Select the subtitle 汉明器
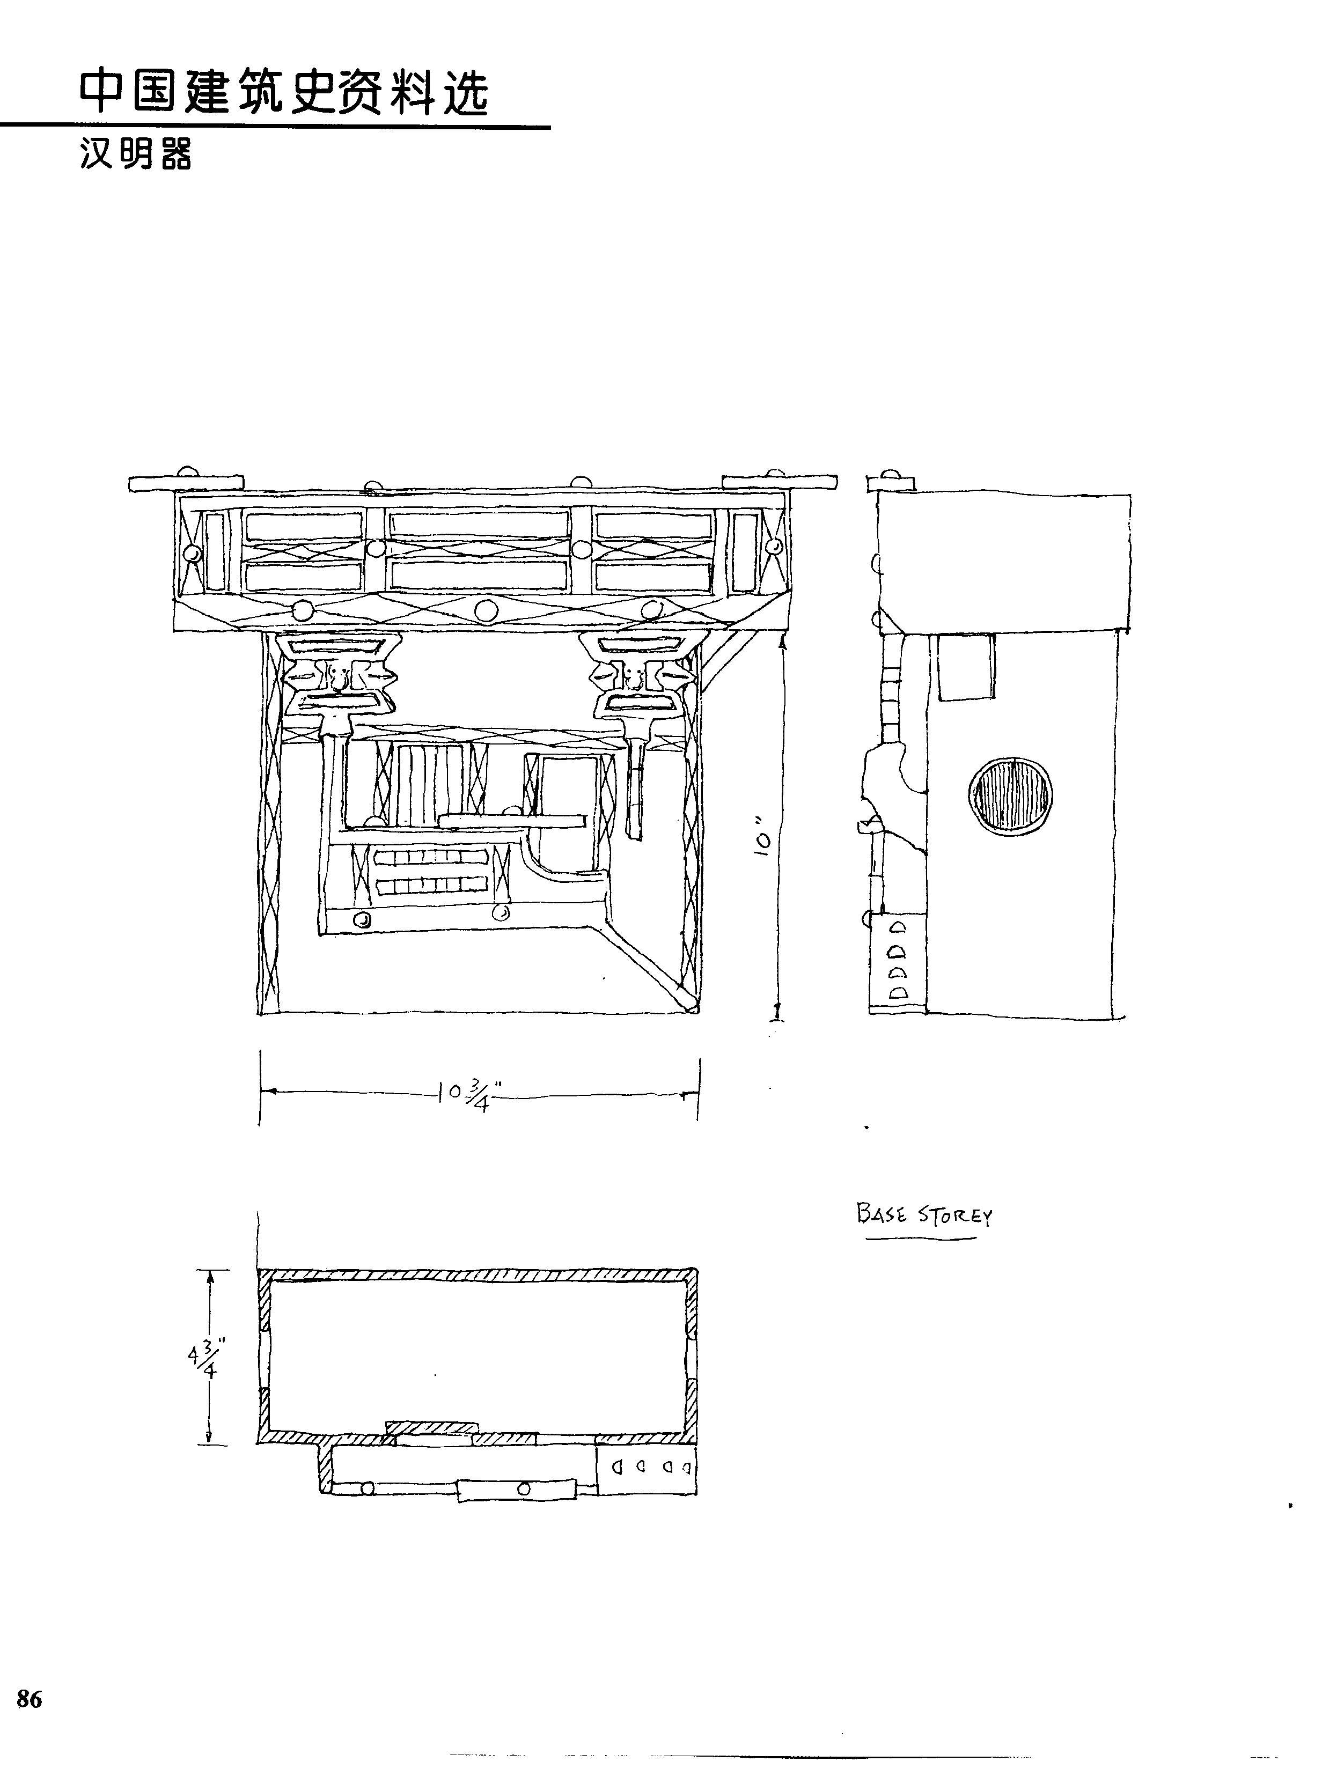[x=136, y=153]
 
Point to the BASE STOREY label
[x=924, y=1214]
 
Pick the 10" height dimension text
[x=765, y=835]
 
